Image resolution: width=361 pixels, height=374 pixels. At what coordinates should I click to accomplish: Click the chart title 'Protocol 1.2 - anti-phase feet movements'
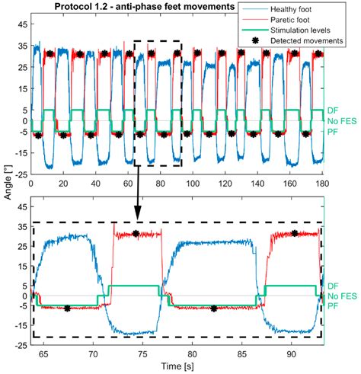(145, 6)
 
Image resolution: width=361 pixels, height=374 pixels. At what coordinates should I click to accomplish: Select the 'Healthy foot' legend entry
(291, 10)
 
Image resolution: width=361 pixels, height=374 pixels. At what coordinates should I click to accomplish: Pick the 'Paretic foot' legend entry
(290, 20)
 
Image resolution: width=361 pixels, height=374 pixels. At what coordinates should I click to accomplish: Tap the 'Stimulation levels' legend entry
(300, 30)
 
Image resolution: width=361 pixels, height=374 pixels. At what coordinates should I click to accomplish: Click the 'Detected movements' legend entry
(307, 40)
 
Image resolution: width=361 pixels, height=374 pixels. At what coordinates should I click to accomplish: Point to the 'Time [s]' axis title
(177, 366)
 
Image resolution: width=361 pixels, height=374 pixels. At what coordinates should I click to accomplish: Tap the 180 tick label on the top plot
(322, 183)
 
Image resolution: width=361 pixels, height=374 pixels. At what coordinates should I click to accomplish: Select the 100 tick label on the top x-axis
(193, 183)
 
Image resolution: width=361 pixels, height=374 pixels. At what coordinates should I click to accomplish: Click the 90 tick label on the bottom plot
(292, 353)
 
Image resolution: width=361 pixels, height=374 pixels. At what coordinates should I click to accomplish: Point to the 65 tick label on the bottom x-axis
(43, 353)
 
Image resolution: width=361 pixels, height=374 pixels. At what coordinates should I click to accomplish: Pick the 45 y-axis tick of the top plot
(23, 24)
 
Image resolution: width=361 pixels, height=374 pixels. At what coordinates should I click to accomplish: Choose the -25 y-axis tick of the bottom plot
(21, 345)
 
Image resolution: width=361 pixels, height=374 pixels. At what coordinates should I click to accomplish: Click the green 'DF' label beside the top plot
(333, 110)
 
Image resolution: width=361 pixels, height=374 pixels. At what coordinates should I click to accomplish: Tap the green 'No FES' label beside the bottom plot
(342, 296)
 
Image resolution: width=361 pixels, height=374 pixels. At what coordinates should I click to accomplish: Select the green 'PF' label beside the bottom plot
(333, 306)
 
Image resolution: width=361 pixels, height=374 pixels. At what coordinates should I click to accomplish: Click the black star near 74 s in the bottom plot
(136, 233)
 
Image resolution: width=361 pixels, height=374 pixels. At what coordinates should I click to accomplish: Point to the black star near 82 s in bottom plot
(214, 308)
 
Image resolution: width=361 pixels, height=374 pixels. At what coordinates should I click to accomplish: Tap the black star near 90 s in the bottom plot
(295, 233)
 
